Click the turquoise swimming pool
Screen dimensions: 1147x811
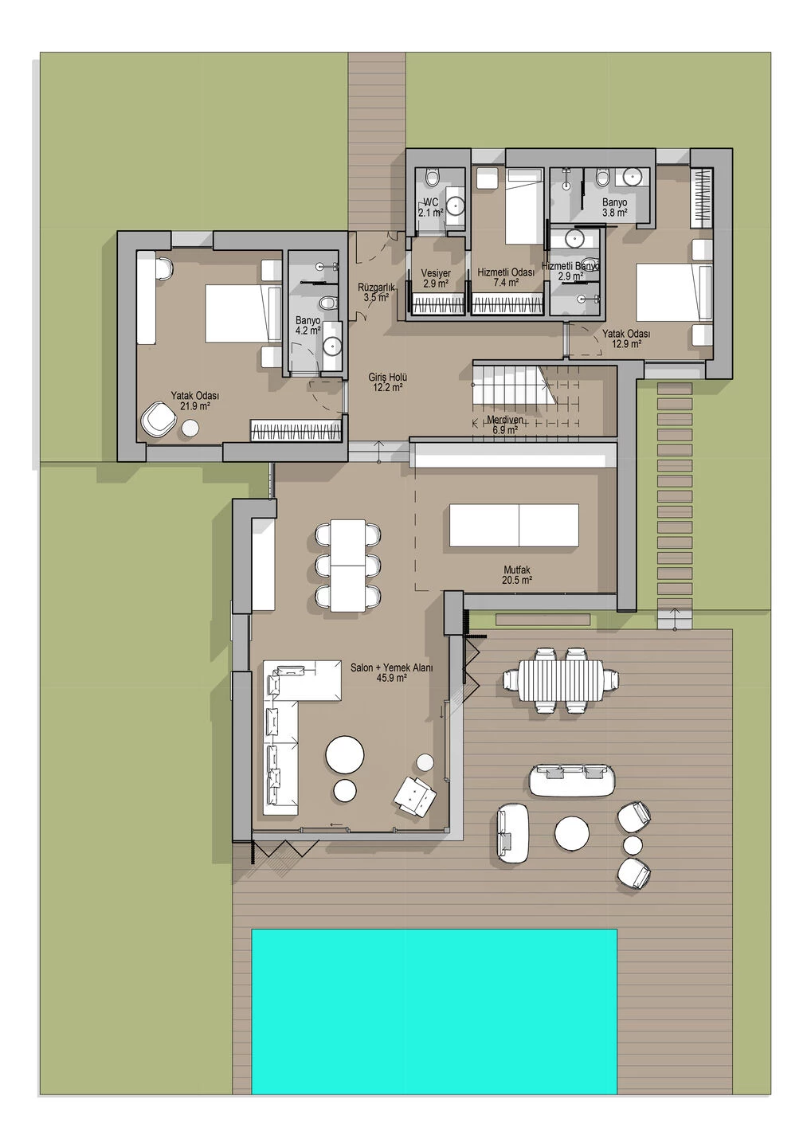(x=434, y=1012)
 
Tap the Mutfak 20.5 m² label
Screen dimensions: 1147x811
(x=516, y=575)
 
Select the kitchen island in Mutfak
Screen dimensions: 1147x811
(x=514, y=525)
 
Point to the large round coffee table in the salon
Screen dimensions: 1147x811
(x=346, y=754)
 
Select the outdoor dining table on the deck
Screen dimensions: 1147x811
(x=561, y=679)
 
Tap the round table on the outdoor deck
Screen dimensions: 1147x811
(x=572, y=834)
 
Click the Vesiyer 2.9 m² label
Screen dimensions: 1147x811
(x=435, y=278)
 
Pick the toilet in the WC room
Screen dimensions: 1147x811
(x=432, y=177)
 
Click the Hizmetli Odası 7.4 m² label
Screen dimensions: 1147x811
(x=506, y=276)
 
